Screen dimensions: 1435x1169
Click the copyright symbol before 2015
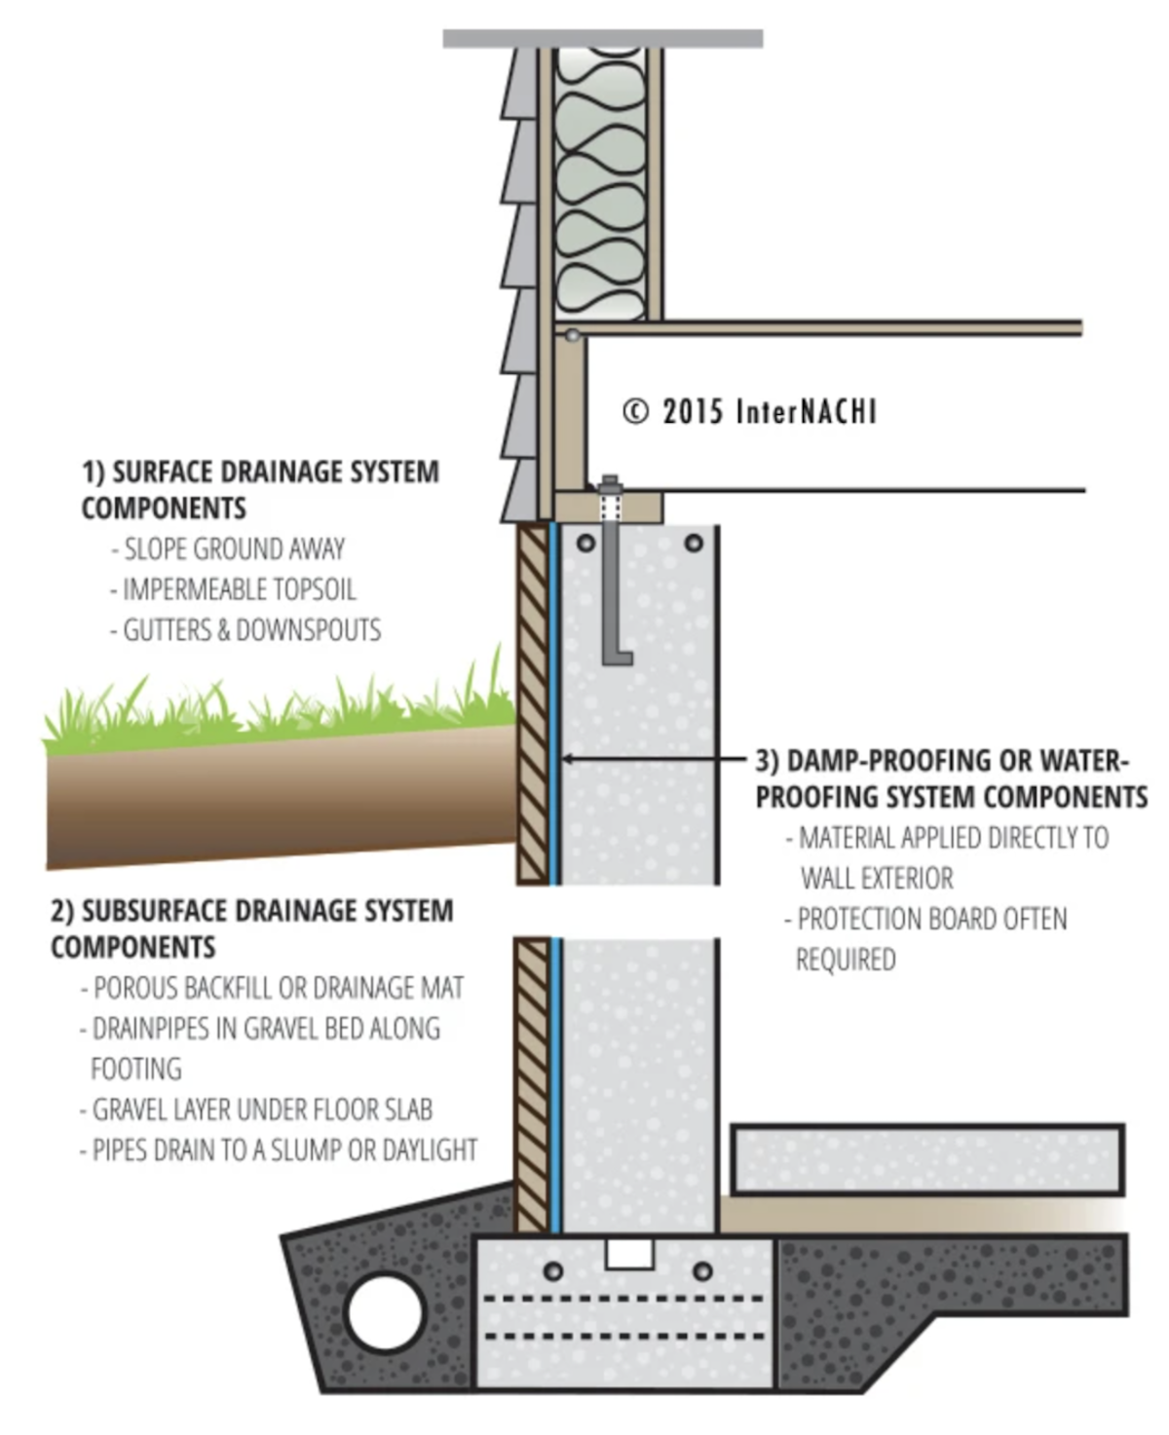[x=635, y=412]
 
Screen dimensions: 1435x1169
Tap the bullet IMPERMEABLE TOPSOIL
[x=239, y=590]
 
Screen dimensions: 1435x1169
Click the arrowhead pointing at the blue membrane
[x=568, y=759]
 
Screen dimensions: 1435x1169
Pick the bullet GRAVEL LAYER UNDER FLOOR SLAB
[x=261, y=1110]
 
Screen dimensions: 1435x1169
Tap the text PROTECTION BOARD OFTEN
[x=931, y=920]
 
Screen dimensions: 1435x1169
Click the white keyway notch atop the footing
[x=629, y=1254]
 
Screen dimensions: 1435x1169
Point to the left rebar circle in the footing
[x=552, y=1271]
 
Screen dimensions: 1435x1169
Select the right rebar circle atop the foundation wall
[x=694, y=543]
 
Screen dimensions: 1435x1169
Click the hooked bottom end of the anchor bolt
[x=618, y=658]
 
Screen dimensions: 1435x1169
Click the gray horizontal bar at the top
[x=602, y=39]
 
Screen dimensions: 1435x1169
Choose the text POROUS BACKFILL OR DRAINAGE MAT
[x=278, y=989]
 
